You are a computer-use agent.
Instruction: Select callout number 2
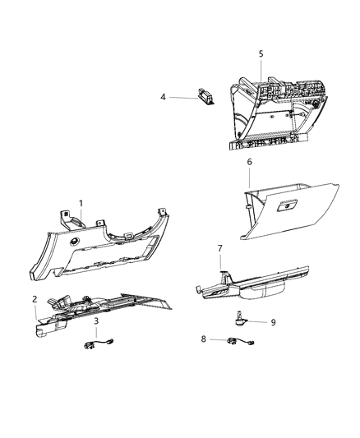(x=35, y=298)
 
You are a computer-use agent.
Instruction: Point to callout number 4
(x=163, y=96)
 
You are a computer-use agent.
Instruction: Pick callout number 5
(x=261, y=54)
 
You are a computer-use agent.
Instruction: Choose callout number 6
(x=248, y=162)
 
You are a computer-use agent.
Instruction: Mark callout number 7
(x=219, y=247)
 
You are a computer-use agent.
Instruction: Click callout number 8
(x=204, y=339)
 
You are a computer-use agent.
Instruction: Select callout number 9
(x=273, y=322)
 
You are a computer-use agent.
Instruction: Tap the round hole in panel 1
(x=75, y=243)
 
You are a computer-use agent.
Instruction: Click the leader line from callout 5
(x=261, y=69)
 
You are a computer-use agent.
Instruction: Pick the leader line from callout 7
(x=220, y=260)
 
